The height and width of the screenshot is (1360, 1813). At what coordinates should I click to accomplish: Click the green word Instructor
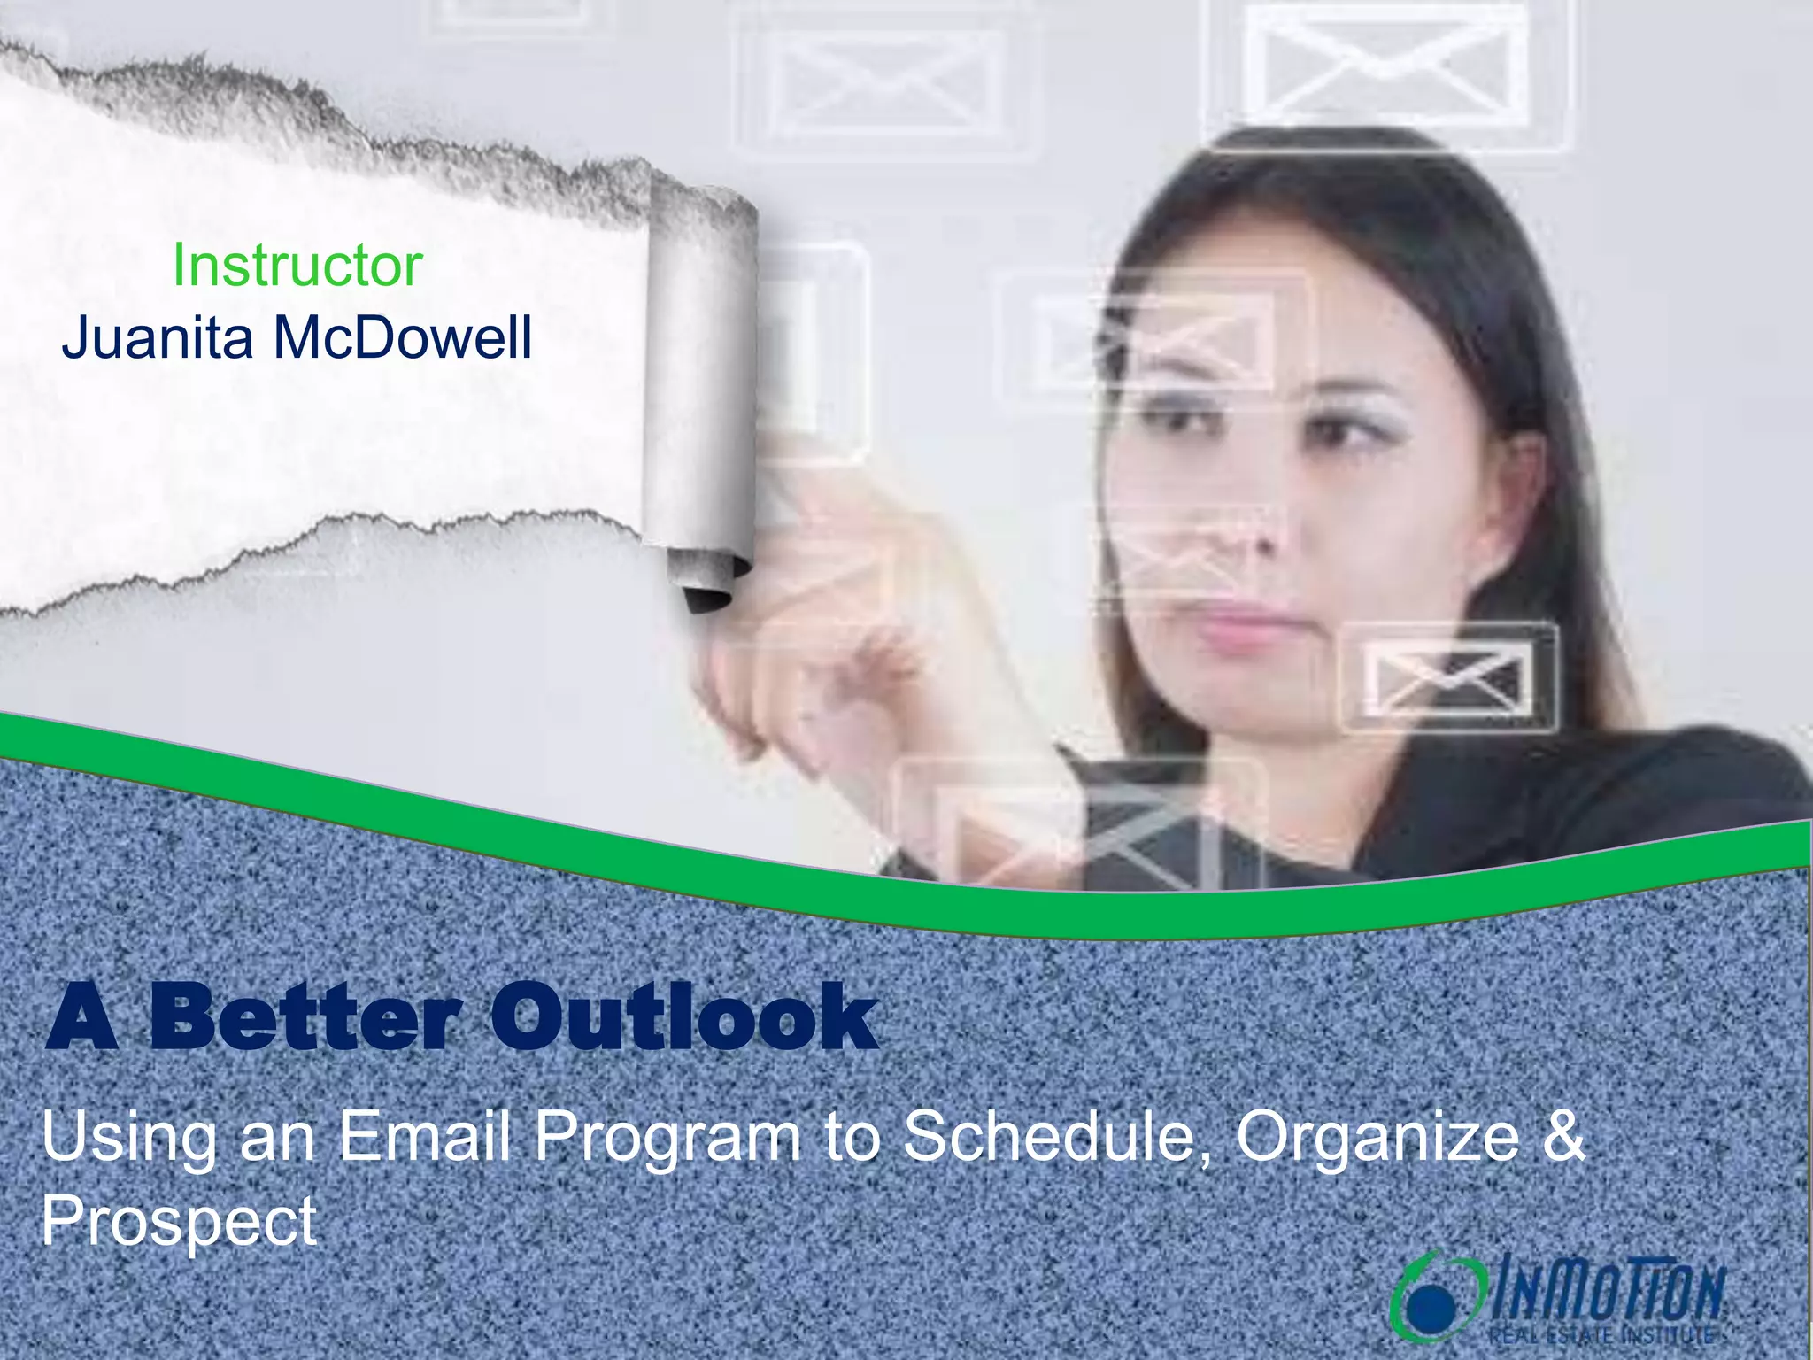pyautogui.click(x=297, y=266)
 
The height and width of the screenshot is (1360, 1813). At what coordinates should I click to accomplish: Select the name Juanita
pyautogui.click(x=158, y=338)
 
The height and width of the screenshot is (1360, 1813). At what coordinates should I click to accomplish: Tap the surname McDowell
pyautogui.click(x=403, y=338)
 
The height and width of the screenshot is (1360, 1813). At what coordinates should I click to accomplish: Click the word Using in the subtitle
pyautogui.click(x=129, y=1138)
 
